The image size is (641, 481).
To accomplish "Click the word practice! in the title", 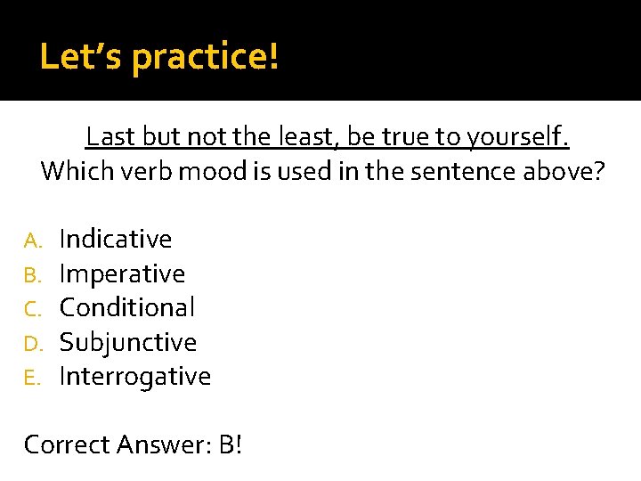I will point(206,58).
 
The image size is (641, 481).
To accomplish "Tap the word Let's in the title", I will point(82,57).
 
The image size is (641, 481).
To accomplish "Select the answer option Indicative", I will point(115,239).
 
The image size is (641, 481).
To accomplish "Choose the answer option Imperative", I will point(122,273).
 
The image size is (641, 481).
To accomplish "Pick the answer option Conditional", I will point(126,307).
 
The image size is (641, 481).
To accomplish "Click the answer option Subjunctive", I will point(127,342).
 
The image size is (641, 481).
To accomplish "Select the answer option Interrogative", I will point(134,376).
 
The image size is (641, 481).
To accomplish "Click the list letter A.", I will point(32,240).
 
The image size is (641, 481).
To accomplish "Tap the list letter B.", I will point(32,274).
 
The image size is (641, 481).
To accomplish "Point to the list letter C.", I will point(32,308).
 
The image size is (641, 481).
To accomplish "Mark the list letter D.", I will point(32,343).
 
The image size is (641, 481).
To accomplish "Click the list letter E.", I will point(32,377).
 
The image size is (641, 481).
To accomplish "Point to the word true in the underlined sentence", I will point(409,138).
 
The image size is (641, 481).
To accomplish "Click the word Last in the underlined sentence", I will point(110,138).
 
